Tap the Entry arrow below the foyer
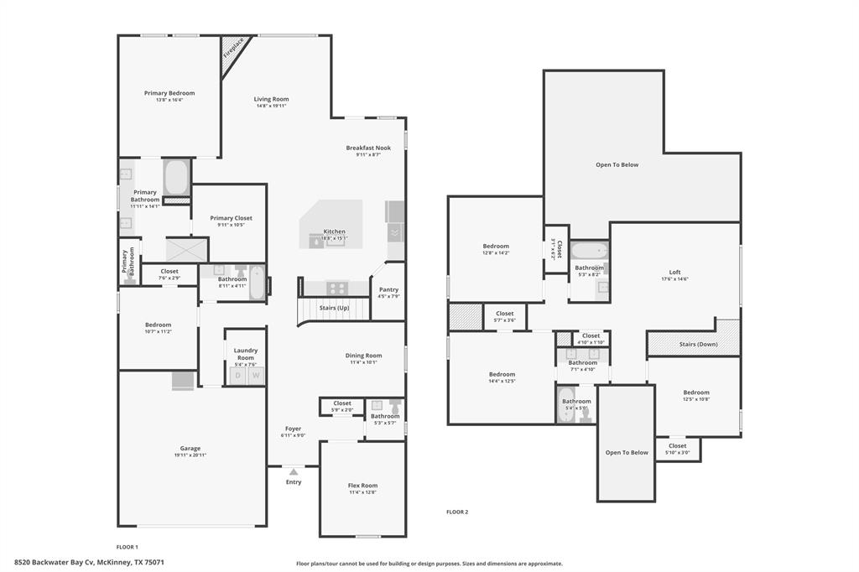point(293,472)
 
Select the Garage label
point(190,448)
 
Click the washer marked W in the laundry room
point(256,376)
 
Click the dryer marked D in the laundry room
point(237,376)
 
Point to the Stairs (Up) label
point(333,308)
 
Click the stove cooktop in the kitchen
point(336,287)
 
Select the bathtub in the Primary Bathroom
point(176,177)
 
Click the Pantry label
point(388,289)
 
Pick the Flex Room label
point(362,485)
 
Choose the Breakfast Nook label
point(368,148)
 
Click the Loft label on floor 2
point(674,272)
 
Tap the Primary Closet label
point(231,218)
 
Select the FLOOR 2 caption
point(457,512)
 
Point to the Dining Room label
point(363,355)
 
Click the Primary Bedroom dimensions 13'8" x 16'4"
point(169,100)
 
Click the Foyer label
point(293,429)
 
